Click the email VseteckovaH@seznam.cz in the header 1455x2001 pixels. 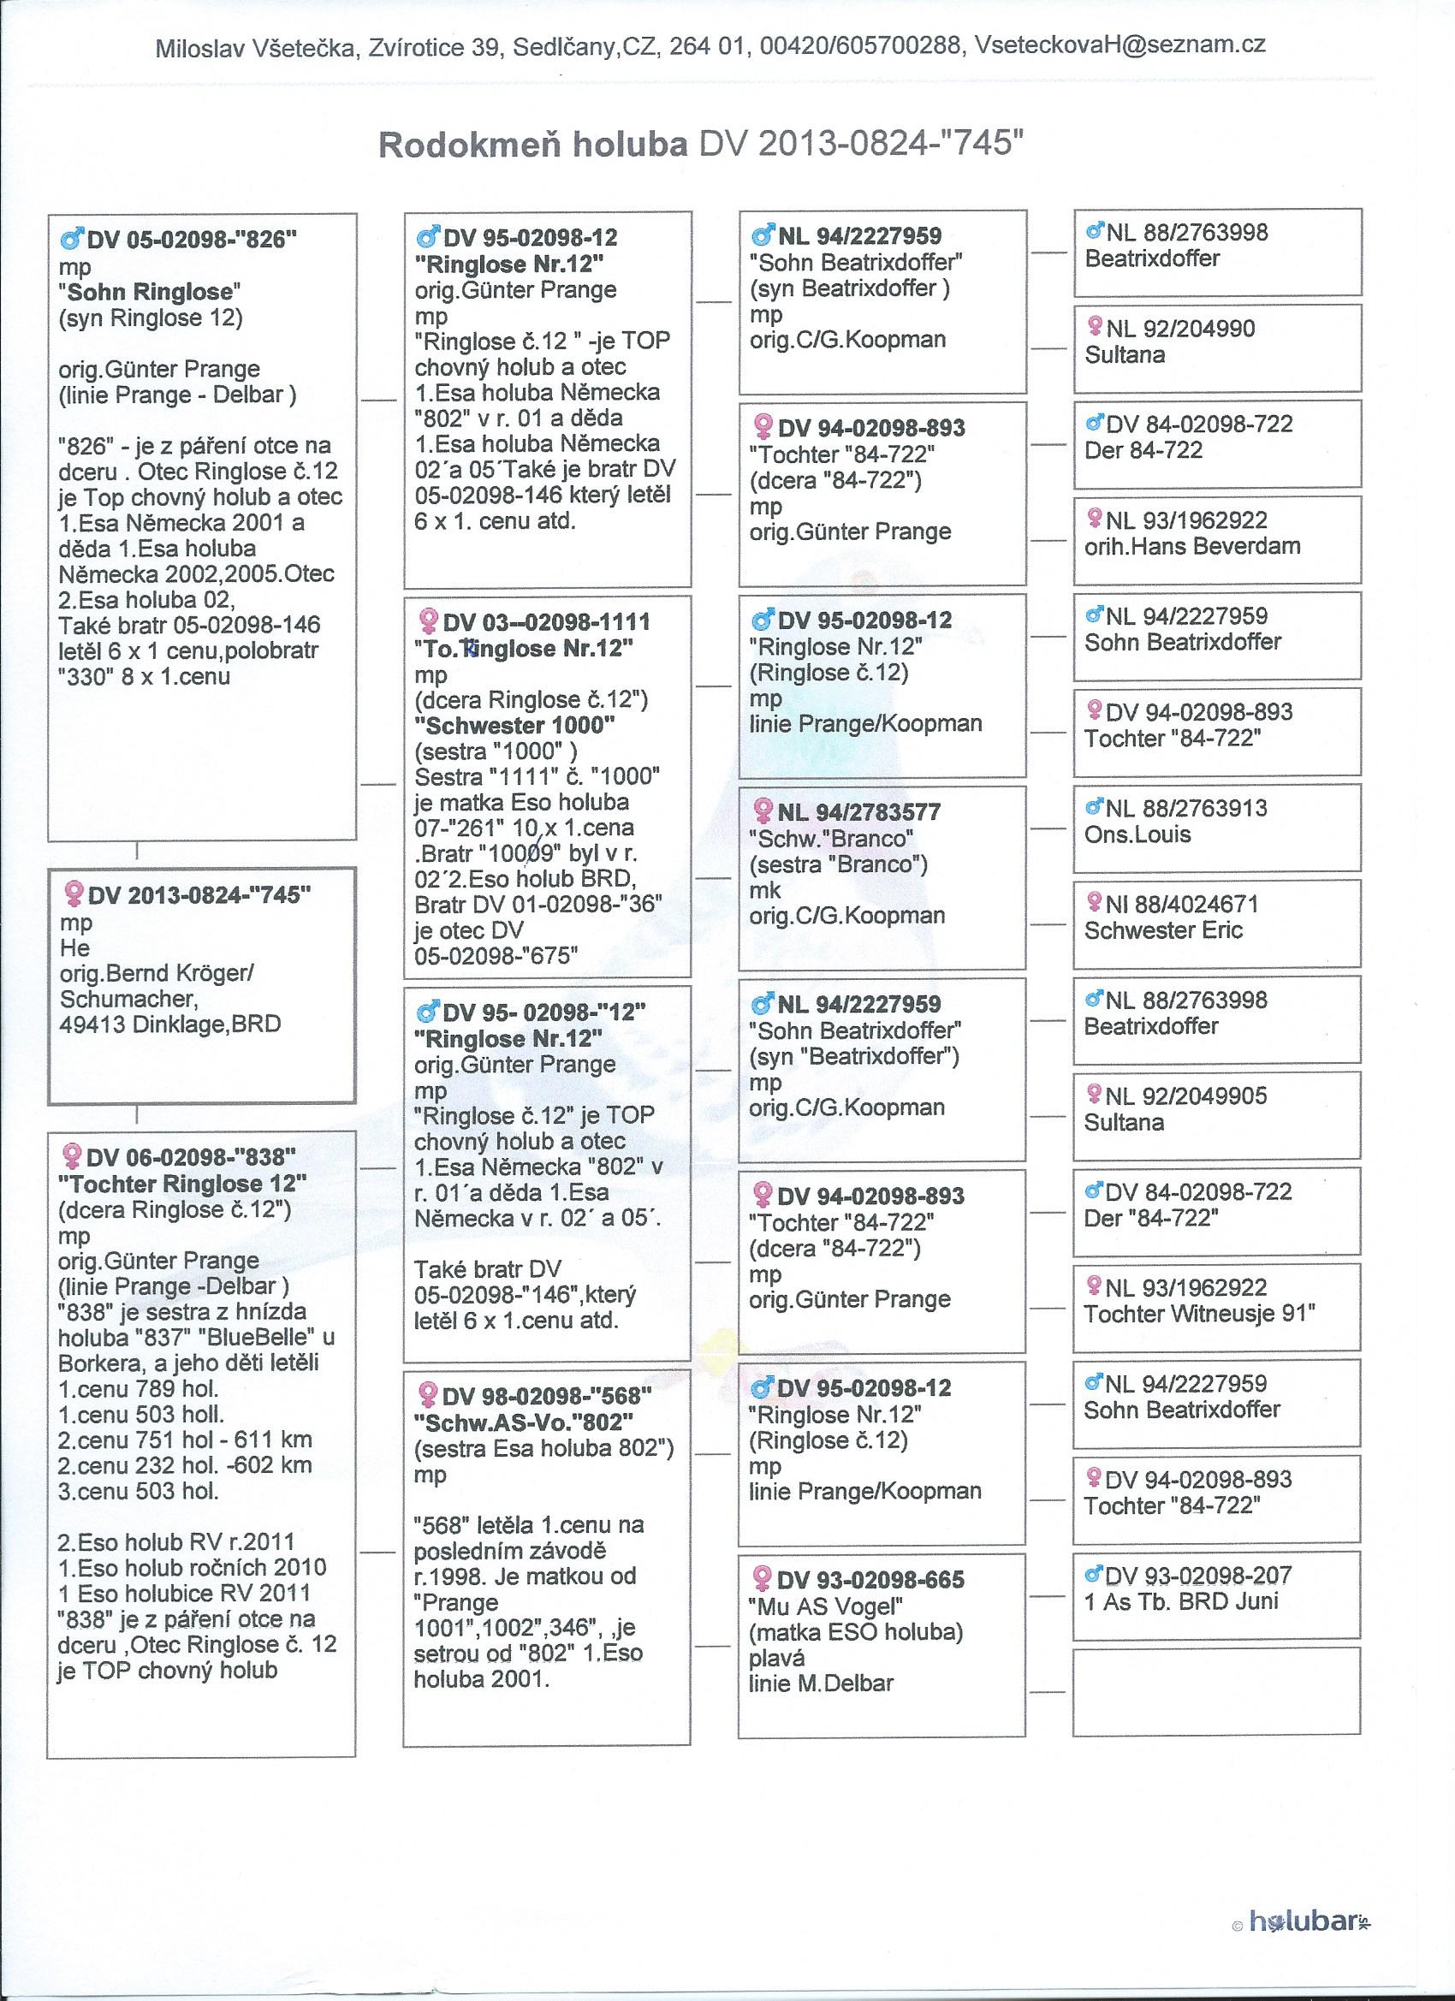coord(1119,46)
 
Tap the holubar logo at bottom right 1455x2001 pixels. coord(1312,1916)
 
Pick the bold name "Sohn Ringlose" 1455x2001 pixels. coord(150,291)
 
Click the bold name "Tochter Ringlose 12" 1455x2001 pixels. coord(182,1183)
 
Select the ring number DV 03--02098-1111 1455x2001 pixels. coord(546,622)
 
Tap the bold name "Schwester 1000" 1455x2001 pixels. coord(514,725)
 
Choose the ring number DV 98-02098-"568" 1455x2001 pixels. coord(546,1396)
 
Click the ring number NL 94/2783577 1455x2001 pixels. coord(858,811)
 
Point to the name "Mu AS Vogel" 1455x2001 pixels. coord(825,1606)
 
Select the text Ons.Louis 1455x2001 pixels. coord(1137,834)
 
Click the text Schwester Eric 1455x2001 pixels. coord(1163,930)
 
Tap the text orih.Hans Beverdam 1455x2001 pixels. coord(1192,546)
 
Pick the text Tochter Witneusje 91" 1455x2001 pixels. coord(1199,1314)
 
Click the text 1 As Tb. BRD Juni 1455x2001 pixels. coord(1180,1601)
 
